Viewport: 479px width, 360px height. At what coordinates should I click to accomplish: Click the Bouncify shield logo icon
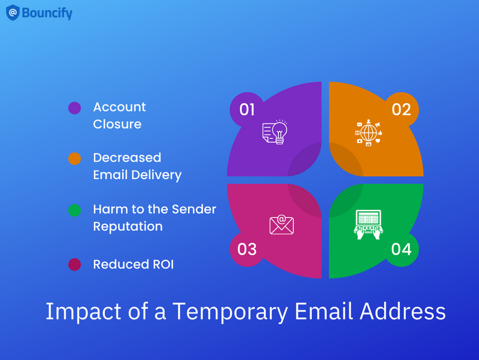coord(13,13)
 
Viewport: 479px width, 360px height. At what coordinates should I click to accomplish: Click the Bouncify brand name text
coord(47,13)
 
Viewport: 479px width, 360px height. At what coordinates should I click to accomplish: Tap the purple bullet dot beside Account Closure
coord(74,108)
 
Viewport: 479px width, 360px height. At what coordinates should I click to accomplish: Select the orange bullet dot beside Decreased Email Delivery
coord(74,159)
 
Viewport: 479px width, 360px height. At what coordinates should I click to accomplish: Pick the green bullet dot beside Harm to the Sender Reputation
coord(74,210)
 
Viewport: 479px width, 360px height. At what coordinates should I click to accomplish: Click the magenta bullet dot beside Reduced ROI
coord(74,264)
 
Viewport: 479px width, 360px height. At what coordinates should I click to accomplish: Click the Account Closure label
coord(119,115)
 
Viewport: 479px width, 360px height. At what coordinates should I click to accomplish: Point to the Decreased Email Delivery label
coord(137,166)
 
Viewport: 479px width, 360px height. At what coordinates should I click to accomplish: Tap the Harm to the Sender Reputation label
coord(154,218)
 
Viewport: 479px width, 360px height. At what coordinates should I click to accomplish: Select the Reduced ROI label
coord(133,264)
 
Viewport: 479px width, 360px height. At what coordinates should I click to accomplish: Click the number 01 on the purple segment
coord(247,109)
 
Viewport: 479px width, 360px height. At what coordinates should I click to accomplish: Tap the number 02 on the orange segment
coord(401,109)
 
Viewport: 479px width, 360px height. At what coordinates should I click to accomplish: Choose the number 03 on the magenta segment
coord(247,249)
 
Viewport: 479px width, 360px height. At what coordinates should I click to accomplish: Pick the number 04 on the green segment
coord(401,249)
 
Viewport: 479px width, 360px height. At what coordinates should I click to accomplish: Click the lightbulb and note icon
coord(275,131)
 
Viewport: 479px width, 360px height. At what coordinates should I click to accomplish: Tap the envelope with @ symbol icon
coord(281,224)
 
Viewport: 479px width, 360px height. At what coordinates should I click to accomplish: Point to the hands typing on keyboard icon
coord(368,224)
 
